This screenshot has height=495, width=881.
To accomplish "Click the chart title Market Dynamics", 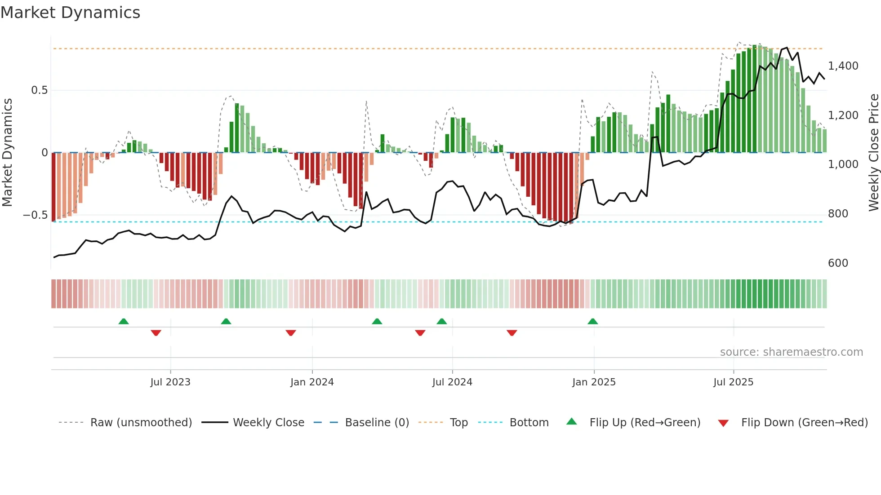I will (70, 13).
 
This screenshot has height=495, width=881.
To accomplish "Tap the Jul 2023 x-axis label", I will (170, 382).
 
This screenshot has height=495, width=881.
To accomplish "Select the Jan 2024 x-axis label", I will (312, 382).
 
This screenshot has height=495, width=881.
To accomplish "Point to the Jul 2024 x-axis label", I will (452, 382).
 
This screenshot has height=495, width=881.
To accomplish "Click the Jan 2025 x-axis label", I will (594, 382).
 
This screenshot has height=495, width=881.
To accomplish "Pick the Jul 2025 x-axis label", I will (733, 382).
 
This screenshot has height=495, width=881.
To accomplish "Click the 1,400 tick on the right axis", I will (843, 66).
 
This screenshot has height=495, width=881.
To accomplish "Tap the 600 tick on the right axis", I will (838, 263).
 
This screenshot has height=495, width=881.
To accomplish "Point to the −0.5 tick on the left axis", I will (35, 215).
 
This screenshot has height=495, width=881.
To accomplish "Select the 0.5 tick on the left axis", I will (39, 90).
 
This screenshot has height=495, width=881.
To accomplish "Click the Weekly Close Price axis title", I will (873, 153).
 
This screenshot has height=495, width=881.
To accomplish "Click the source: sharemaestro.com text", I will (791, 352).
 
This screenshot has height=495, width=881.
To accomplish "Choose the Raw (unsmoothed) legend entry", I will (141, 423).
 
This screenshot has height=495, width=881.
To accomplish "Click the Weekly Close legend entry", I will (268, 423).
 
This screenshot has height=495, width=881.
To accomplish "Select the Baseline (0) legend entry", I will (377, 423).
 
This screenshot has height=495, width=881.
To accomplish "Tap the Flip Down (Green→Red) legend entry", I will (804, 423).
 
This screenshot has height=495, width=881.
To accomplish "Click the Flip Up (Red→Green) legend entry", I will (645, 423).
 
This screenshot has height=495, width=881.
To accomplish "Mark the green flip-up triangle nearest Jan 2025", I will (592, 322).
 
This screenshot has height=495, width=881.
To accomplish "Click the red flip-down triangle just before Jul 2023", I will (156, 333).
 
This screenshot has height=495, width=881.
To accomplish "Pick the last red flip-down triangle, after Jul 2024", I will (512, 333).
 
